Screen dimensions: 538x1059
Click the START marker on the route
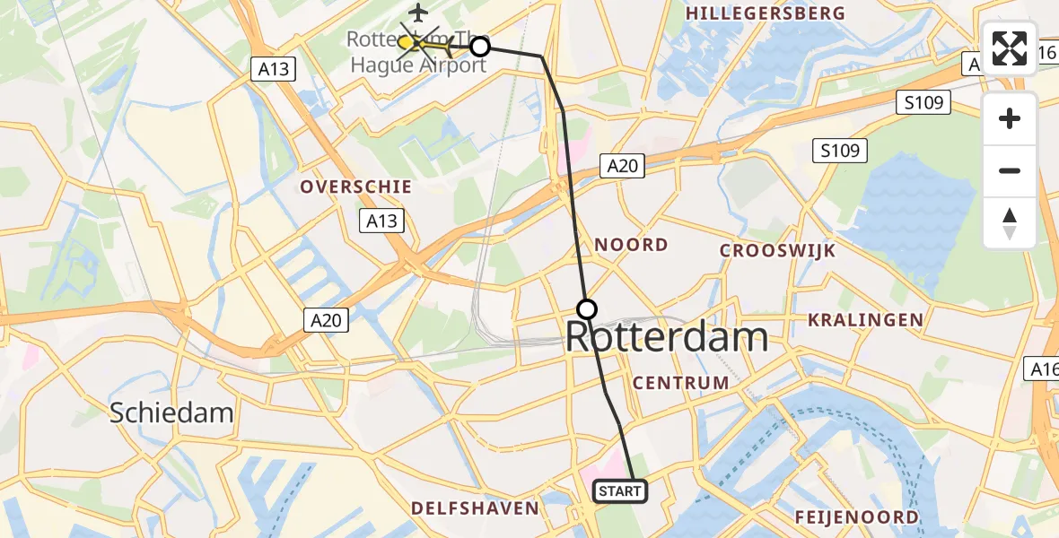coord(619,490)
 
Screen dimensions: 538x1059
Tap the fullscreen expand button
coord(1010,48)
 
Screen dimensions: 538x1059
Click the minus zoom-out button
coord(1010,170)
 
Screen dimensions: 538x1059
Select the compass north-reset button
coord(1010,222)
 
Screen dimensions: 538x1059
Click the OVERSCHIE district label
coord(356,187)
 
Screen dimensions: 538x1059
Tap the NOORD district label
coord(631,245)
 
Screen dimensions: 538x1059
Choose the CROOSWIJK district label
coord(777,251)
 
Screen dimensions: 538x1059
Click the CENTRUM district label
coord(680,383)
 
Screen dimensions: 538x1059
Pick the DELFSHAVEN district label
coord(475,508)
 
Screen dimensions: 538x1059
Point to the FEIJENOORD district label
coord(856,517)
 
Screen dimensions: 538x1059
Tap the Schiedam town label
coord(171,412)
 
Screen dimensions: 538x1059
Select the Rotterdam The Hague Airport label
coord(417,52)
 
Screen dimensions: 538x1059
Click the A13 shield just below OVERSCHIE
coord(381,221)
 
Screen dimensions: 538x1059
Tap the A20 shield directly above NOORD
coord(622,166)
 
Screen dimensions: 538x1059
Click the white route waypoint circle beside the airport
coord(480,46)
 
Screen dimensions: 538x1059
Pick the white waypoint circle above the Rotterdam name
coord(586,309)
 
